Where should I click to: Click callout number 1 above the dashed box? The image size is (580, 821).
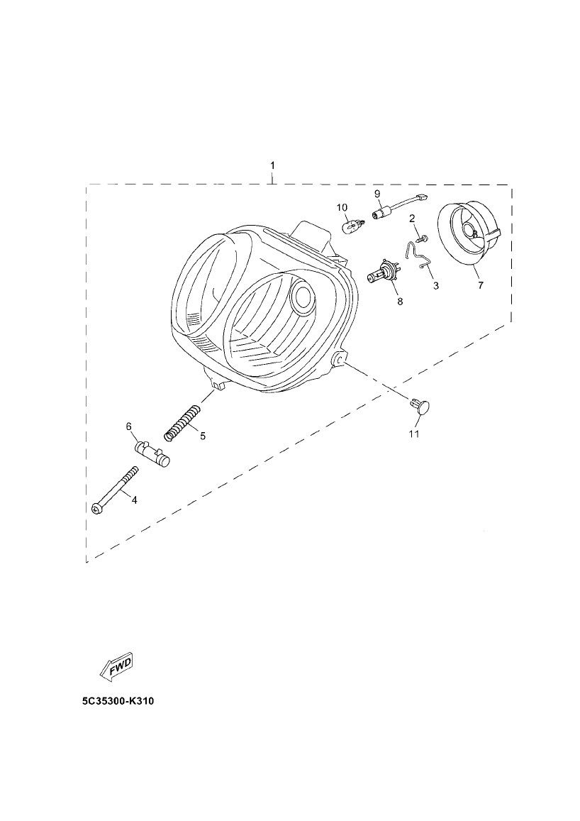click(x=272, y=165)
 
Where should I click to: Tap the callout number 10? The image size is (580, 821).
click(x=342, y=208)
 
